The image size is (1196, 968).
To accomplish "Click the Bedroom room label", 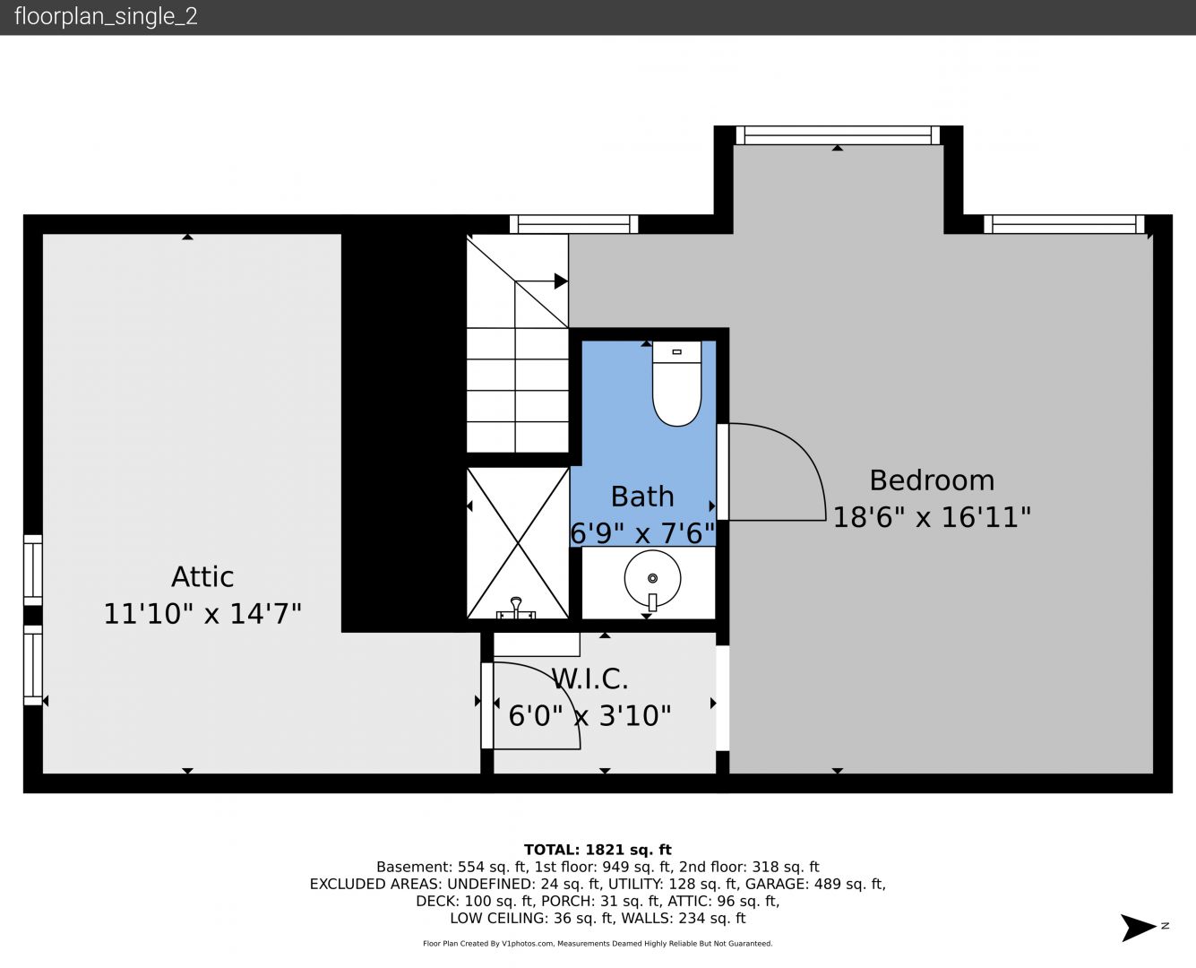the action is (x=932, y=481).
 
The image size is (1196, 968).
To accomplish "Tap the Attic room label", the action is (x=202, y=577).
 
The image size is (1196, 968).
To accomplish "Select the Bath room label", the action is (x=642, y=497).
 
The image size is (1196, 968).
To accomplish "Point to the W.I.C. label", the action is (x=590, y=679).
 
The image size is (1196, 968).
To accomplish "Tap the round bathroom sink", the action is (x=652, y=579).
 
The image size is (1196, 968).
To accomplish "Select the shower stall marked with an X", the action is (x=518, y=543).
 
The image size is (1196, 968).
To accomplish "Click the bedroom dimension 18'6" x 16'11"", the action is (x=932, y=517).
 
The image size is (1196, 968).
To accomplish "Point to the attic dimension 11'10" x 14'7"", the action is (x=202, y=613).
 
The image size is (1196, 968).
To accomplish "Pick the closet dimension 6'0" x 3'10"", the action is (x=589, y=716).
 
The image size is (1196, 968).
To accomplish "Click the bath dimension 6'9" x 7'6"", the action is (x=642, y=533).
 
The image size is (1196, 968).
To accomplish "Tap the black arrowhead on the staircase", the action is (x=561, y=281).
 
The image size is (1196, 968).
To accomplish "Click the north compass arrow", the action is (x=1139, y=927).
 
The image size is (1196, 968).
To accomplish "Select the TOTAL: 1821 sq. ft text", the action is (x=598, y=850).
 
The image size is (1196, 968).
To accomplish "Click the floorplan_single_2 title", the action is (x=106, y=17).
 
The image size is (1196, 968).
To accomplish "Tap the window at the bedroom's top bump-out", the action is (x=838, y=135).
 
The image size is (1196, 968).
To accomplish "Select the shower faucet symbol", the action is (x=515, y=609).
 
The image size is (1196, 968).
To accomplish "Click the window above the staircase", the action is (x=574, y=224).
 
